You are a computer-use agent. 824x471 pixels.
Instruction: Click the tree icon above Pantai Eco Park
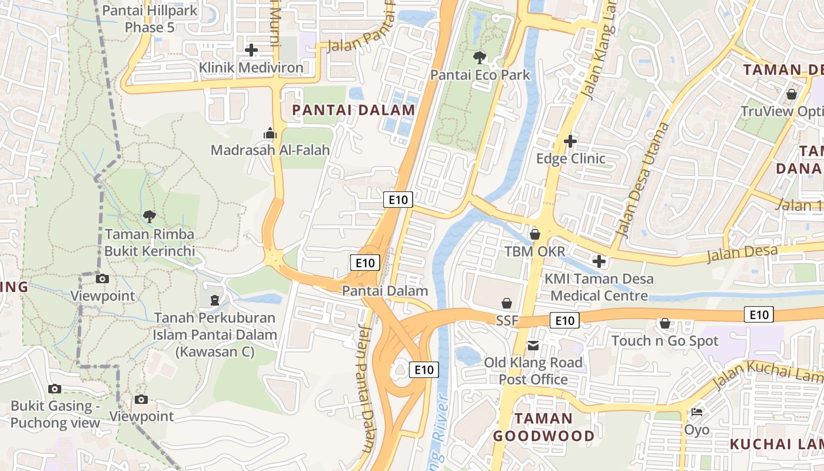[480, 58]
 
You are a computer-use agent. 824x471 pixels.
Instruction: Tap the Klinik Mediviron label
[251, 68]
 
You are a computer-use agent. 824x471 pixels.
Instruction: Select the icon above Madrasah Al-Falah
[270, 133]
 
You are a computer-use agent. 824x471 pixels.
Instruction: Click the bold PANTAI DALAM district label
[354, 110]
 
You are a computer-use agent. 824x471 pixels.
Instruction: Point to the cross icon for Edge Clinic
[570, 141]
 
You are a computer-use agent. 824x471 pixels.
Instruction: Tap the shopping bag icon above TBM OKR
[534, 234]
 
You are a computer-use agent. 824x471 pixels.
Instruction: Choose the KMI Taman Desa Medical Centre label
[599, 287]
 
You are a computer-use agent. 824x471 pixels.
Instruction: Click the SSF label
[507, 321]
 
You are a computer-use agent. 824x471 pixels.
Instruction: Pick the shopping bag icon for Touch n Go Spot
[665, 323]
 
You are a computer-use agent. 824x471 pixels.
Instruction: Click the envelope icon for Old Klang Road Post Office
[533, 345]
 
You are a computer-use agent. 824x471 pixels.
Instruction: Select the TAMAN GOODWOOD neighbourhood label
[543, 427]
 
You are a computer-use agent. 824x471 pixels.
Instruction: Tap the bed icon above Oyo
[697, 412]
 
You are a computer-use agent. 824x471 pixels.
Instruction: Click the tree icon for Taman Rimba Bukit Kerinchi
[149, 217]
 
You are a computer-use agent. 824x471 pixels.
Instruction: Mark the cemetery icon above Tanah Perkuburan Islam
[215, 300]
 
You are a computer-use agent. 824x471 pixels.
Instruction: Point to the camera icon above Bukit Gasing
[55, 389]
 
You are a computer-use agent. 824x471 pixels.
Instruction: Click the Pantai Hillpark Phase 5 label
[149, 19]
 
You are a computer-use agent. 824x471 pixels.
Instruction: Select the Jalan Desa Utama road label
[641, 180]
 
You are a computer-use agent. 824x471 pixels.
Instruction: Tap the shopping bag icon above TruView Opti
[792, 94]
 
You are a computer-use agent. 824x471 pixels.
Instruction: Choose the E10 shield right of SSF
[564, 320]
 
